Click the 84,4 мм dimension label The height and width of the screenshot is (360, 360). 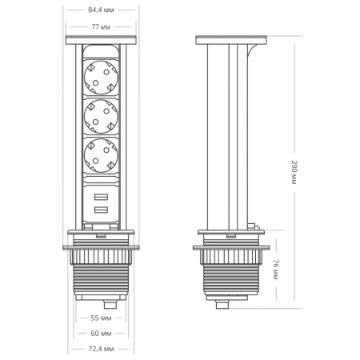pos(101,11)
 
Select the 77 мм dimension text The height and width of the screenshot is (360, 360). pos(101,26)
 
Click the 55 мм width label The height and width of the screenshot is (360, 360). pos(101,318)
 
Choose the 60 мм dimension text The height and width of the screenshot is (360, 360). pos(101,333)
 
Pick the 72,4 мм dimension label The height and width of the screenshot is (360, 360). pos(101,349)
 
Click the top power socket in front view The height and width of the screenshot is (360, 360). pos(101,76)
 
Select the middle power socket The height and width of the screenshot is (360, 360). pos(101,117)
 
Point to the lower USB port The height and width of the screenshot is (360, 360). pos(101,210)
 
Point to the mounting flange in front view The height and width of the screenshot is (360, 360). pos(101,245)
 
